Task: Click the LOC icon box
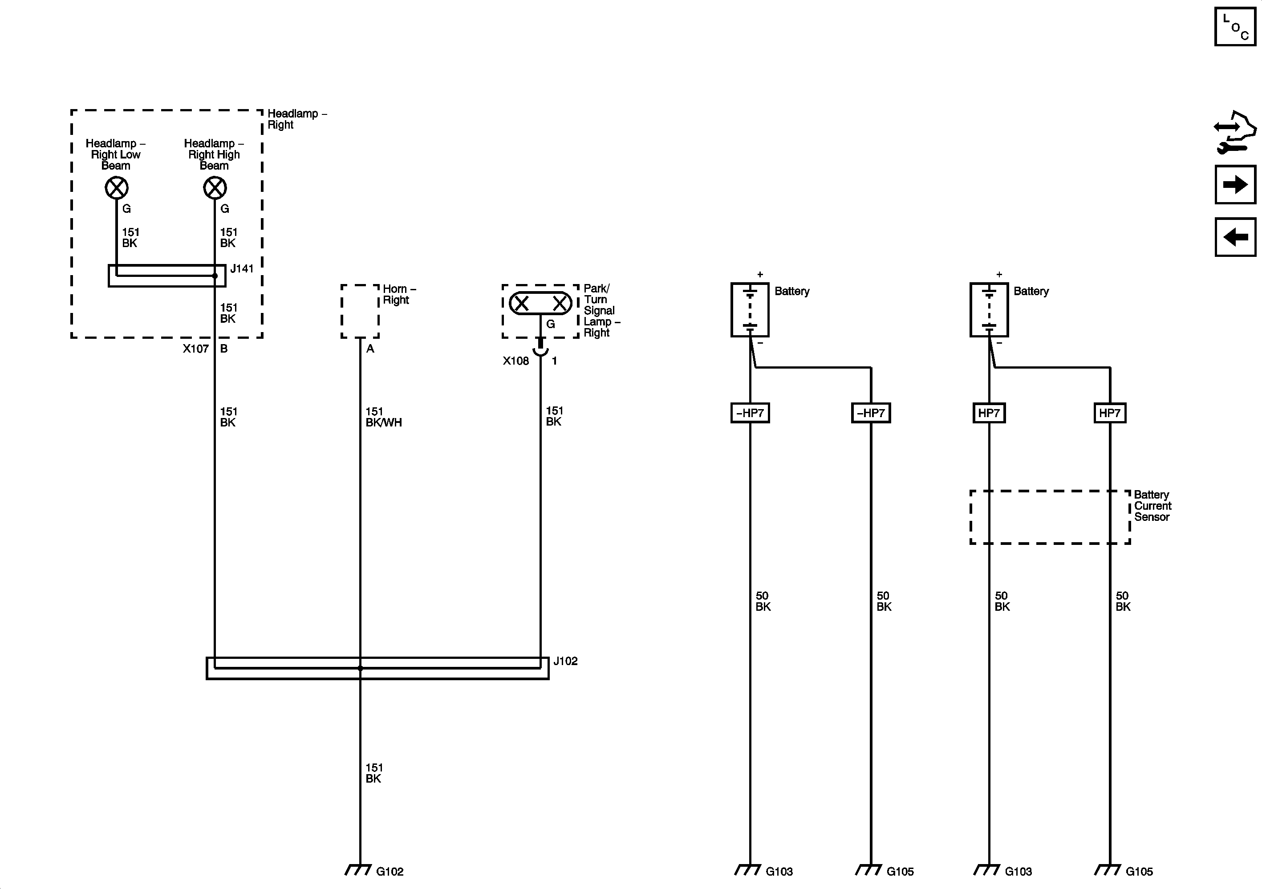(x=1235, y=26)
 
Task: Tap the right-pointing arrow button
(x=1235, y=184)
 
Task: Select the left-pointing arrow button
(x=1235, y=237)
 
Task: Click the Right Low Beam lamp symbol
(x=117, y=188)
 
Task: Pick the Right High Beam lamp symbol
(x=215, y=188)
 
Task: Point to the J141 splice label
(x=242, y=269)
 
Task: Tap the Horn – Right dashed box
(x=360, y=311)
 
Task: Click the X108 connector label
(x=515, y=361)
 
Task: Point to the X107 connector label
(x=196, y=349)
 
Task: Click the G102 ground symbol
(x=358, y=870)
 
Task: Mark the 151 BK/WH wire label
(x=384, y=417)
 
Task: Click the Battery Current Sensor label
(x=1152, y=506)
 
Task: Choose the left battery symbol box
(x=750, y=309)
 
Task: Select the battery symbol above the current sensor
(x=989, y=309)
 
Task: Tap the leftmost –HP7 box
(x=750, y=413)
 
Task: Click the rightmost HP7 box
(x=1110, y=413)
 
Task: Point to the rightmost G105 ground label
(x=1139, y=871)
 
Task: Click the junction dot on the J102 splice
(x=360, y=669)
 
